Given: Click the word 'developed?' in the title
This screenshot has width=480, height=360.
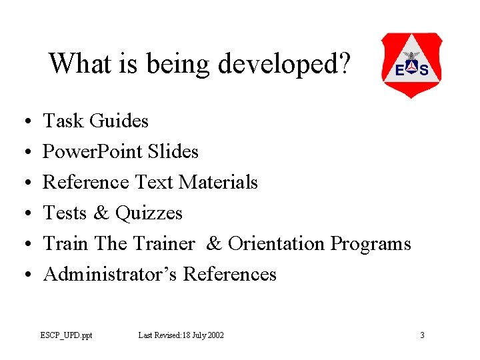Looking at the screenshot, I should [283, 65].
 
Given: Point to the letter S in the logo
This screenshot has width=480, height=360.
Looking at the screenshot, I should [424, 70].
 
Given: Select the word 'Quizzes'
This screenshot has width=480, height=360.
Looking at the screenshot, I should [149, 213].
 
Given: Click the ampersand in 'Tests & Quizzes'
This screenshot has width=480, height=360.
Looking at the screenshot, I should [101, 213].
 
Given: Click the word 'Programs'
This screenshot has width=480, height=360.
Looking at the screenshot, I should [371, 244].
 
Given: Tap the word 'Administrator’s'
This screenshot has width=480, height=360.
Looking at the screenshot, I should [110, 275].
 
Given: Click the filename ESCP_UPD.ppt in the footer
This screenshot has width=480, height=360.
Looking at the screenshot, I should [66, 335].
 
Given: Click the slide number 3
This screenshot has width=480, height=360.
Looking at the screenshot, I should [422, 335].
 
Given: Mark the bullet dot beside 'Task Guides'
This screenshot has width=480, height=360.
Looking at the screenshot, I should [24, 122].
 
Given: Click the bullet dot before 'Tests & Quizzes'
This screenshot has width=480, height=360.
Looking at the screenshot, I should [24, 214].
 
